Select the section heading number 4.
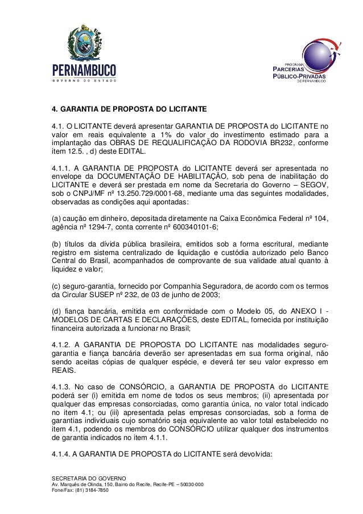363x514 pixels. (55, 108)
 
